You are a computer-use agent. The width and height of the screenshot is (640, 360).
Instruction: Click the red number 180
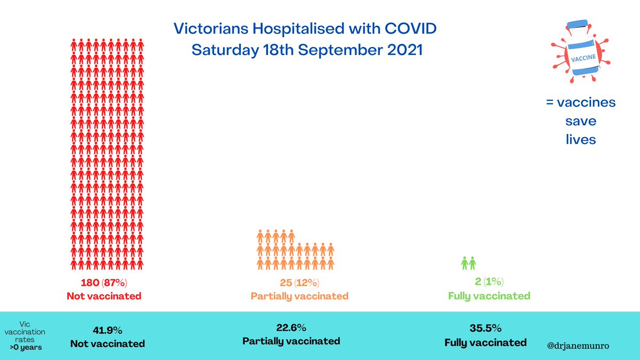point(90,283)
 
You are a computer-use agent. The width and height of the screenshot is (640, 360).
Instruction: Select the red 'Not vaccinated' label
point(104,296)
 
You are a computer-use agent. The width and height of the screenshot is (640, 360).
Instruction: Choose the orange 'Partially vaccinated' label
point(299,296)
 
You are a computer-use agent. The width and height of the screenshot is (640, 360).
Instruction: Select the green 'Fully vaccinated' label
point(489,295)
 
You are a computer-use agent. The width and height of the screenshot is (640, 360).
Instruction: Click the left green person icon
point(465,263)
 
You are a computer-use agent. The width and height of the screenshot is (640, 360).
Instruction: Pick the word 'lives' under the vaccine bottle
point(580,140)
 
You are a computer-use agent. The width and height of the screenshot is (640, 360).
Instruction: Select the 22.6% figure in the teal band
point(291,327)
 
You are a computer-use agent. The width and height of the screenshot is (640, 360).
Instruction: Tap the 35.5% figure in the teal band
point(485,329)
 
